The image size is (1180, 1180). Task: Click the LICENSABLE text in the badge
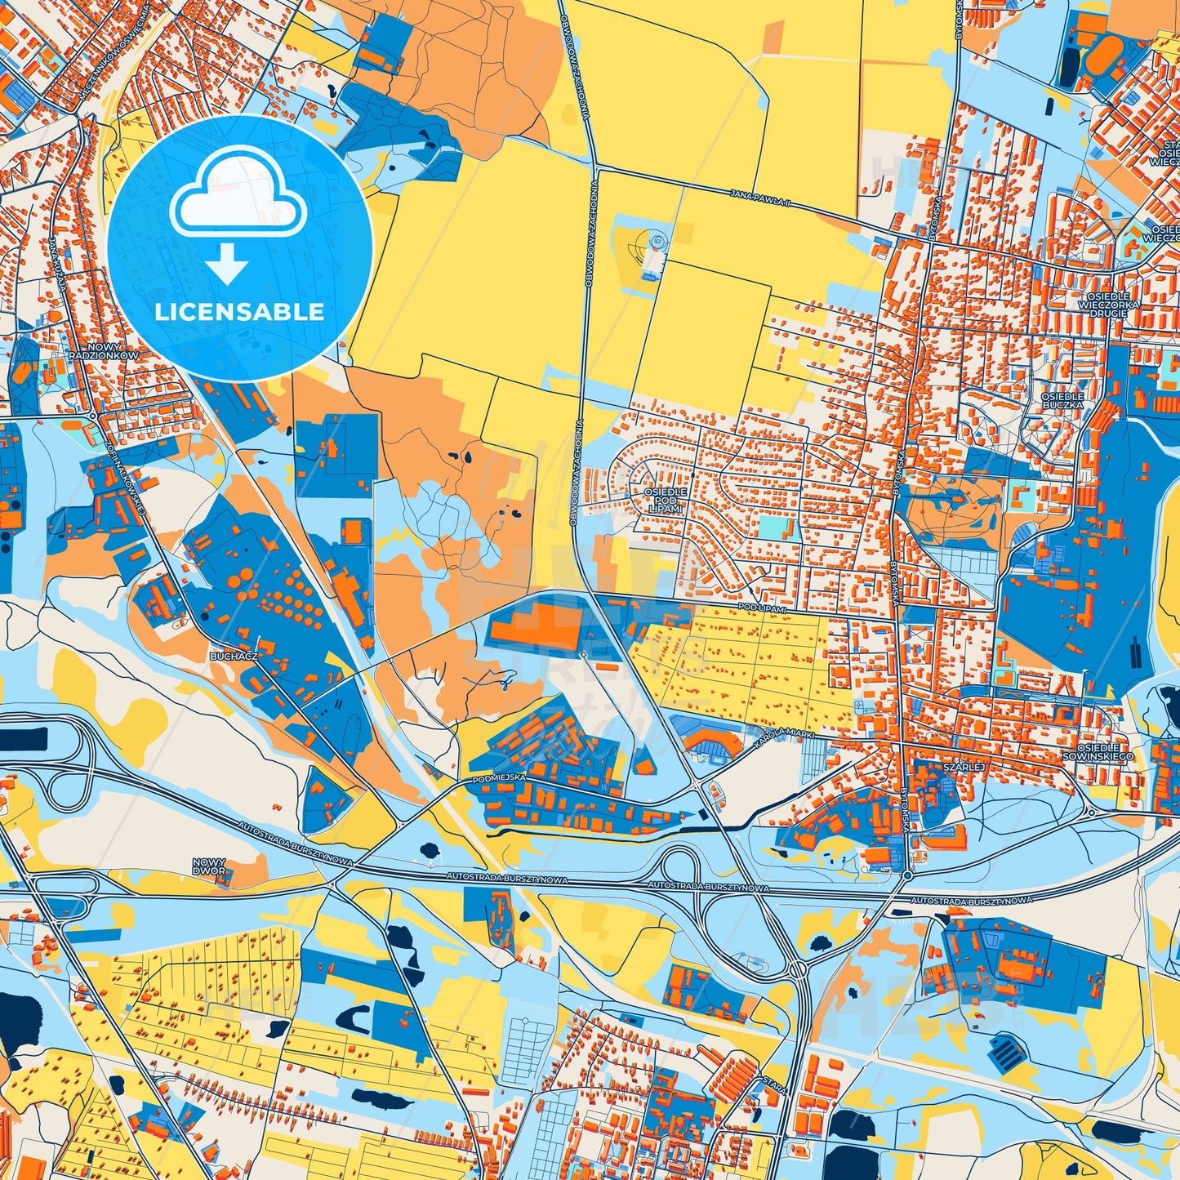point(240,312)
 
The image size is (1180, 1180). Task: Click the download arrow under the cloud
point(227,265)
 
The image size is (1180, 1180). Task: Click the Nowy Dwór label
point(210,867)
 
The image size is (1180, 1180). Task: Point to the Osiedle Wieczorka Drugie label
point(1102,304)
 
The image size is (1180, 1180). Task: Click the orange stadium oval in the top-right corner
point(1098,56)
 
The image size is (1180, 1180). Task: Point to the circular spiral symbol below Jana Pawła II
point(656,243)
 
